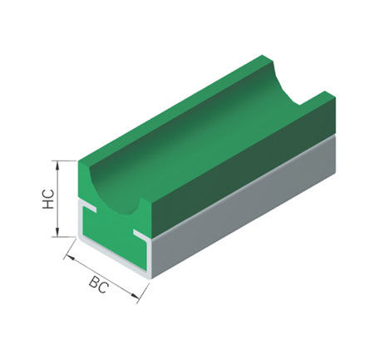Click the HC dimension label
tap(48, 199)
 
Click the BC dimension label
tap(98, 285)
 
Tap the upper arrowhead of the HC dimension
tap(57, 165)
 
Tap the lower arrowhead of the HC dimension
tap(57, 232)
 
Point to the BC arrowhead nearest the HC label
tap(71, 258)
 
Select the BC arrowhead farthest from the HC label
tap(135, 296)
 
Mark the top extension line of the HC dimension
tap(64, 160)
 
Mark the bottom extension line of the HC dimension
tap(64, 237)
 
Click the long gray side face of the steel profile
tap(244, 205)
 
